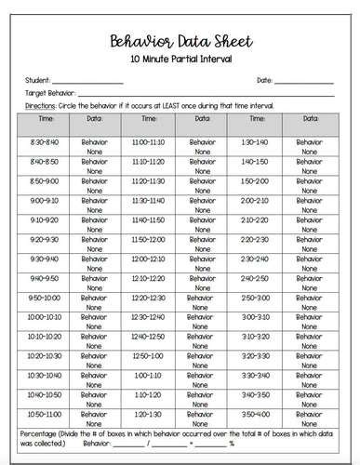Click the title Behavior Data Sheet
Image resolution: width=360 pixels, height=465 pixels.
click(180, 42)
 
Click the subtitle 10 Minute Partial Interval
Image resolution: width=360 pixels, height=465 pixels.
click(180, 60)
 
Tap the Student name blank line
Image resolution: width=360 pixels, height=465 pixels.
click(87, 82)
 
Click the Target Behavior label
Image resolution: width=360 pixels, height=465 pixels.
click(45, 94)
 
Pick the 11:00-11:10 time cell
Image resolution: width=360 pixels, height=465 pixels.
click(148, 140)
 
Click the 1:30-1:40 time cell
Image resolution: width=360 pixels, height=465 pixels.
click(254, 140)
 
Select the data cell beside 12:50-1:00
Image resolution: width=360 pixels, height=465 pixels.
click(201, 359)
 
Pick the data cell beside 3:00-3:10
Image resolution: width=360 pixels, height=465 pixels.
click(309, 320)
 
